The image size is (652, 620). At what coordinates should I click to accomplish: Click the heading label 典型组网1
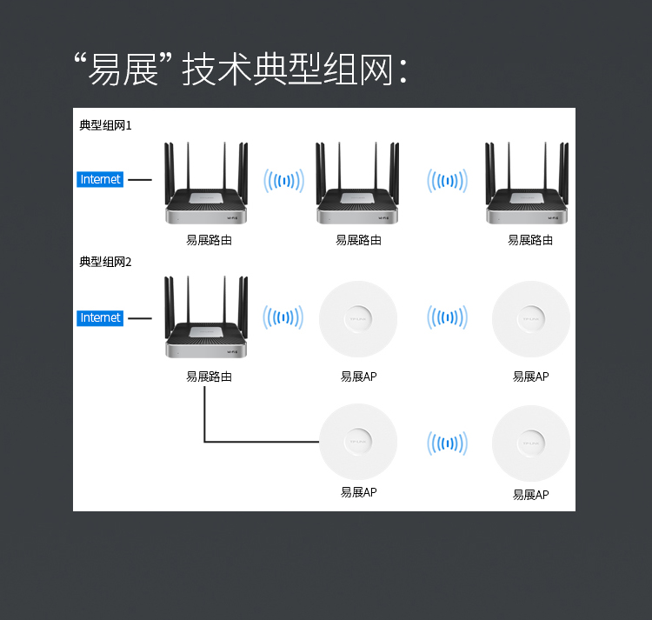point(105,125)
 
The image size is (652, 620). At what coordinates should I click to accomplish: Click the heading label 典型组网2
point(105,262)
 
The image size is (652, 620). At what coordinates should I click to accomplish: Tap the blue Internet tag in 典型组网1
point(100,180)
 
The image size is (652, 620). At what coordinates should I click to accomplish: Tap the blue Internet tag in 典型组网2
point(100,317)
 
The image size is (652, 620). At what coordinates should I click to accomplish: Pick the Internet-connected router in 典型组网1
point(207,188)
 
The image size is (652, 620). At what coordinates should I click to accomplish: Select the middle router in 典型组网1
point(358,188)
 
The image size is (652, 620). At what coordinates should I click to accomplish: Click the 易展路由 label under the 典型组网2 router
point(209,377)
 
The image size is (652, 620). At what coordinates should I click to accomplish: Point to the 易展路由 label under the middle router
point(358,240)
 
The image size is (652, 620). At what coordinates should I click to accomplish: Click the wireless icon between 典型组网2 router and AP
point(283,318)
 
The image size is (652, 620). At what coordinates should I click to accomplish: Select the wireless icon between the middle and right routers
point(447,181)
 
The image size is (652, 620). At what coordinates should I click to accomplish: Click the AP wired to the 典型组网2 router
point(358,442)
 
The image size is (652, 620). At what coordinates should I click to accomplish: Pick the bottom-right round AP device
point(530,443)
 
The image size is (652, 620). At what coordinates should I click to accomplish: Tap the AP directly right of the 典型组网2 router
point(358,319)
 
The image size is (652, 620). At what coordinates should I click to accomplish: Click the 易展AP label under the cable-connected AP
point(358,492)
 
